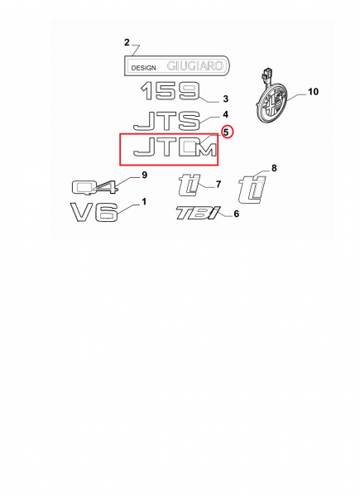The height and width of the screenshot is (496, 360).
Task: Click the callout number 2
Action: pos(127,42)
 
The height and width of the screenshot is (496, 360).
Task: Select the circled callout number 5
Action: pos(226,132)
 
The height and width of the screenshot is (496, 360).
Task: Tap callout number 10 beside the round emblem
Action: pos(313,92)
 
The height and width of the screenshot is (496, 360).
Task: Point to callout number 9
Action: pos(145,175)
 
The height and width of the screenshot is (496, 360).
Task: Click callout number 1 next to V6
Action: pos(144,201)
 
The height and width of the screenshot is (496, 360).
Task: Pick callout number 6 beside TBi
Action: pos(237,214)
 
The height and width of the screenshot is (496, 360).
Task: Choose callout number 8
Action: pos(274,168)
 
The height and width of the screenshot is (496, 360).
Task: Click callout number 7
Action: pos(218,184)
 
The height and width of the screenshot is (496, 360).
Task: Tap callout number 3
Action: pos(225,99)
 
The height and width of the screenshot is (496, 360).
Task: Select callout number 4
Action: pos(225,114)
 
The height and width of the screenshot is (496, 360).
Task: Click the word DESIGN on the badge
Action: pos(143,68)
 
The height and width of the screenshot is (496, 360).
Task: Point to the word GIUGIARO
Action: pos(195,65)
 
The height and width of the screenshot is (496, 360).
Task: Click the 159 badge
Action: pos(170,91)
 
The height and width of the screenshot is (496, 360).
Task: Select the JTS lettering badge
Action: pos(167,121)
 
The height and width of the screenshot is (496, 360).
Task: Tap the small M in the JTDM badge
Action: pos(206,150)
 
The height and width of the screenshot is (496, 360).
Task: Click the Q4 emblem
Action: pos(95,187)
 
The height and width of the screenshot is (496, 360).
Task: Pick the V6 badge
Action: pos(94,212)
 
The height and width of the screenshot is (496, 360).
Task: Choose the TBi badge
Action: pos(198,213)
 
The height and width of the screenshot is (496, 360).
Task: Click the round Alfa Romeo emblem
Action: pos(271,104)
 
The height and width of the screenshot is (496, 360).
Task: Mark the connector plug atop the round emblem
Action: pos(266,74)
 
